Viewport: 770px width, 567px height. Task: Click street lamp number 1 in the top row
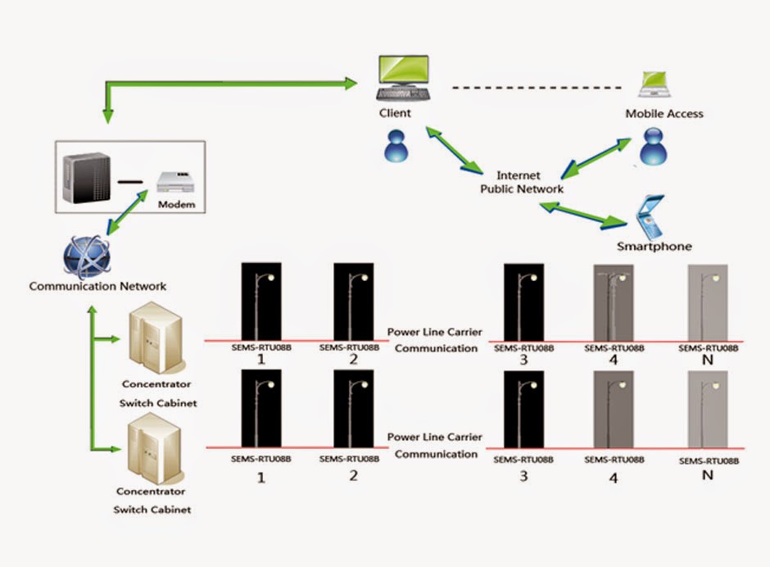pos(261,300)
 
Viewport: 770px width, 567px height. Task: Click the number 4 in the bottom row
pos(614,478)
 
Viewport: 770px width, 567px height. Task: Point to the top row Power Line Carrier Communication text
pos(434,340)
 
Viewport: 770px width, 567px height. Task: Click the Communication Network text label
pos(97,286)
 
